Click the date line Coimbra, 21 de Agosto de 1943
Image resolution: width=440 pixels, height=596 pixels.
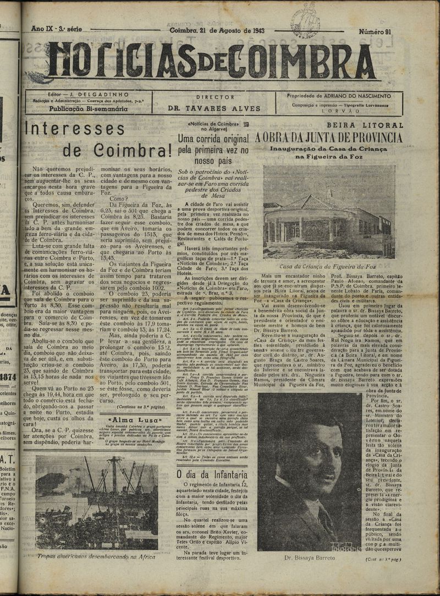[217, 30]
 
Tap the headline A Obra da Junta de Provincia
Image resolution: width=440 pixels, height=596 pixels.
[329, 137]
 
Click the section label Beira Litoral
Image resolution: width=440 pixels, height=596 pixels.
[365, 125]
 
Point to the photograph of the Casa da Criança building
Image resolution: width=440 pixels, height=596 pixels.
[328, 212]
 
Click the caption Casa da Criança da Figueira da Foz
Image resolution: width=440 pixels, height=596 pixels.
[328, 266]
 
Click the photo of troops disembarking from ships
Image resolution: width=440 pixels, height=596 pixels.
[96, 502]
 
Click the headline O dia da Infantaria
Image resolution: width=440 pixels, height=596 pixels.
[211, 473]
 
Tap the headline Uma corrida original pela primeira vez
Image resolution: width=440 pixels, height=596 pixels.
[213, 149]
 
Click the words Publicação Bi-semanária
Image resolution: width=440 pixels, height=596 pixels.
[81, 109]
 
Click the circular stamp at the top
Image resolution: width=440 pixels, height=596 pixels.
[305, 22]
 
